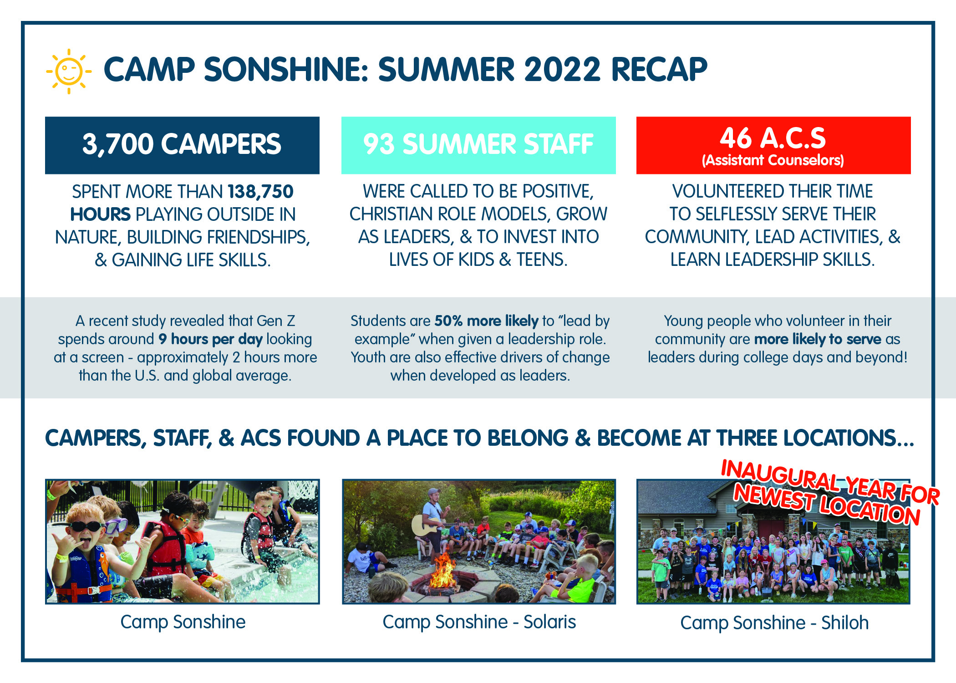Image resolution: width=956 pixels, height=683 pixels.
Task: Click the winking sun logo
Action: coord(69,71)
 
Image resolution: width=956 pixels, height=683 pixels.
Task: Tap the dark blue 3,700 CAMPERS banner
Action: coord(182,145)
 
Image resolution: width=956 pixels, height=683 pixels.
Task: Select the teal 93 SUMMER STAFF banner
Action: coord(478,145)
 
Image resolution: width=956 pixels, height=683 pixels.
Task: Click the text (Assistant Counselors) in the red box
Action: coord(773,160)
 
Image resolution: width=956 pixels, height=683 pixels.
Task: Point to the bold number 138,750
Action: coord(260,192)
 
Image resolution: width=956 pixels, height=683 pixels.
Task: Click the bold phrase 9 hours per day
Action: coord(210,339)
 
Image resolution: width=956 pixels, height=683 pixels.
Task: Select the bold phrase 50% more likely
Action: coord(486,321)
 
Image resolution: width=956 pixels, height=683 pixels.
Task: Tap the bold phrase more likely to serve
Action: coord(818,339)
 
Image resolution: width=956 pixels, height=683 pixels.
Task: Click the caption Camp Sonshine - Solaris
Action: coord(479,622)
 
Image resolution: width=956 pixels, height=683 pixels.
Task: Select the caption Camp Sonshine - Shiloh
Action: coord(774,623)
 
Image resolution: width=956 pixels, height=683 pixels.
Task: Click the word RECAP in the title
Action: coord(659,70)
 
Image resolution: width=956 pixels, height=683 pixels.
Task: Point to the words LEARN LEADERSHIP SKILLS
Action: coord(773,260)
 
